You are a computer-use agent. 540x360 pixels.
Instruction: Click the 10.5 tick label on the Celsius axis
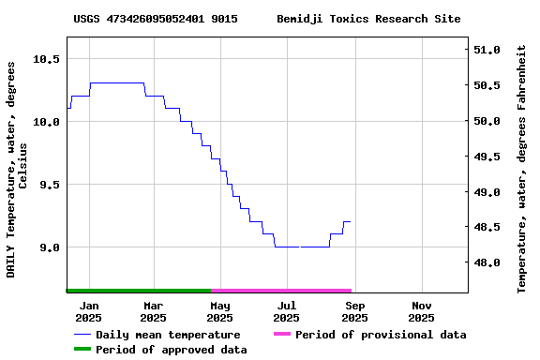click(47, 58)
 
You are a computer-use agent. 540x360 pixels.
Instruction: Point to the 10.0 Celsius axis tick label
click(47, 121)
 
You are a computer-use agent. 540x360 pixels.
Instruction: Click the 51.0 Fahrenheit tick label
click(487, 50)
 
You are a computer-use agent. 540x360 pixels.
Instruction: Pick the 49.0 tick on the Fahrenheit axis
click(487, 192)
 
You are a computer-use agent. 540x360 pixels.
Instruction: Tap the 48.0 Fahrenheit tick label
click(487, 263)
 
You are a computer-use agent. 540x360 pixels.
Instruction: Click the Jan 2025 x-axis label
click(89, 311)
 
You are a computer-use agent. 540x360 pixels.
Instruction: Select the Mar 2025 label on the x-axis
click(154, 311)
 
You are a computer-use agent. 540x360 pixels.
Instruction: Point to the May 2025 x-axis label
click(220, 311)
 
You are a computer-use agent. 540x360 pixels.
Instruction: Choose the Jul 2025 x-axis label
click(287, 311)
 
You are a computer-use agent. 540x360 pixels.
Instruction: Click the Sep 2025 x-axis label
click(354, 311)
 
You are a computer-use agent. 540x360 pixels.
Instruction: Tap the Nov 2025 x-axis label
click(422, 311)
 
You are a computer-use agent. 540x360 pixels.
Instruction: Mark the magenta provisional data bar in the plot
click(281, 291)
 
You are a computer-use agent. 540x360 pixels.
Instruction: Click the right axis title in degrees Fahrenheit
click(522, 169)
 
